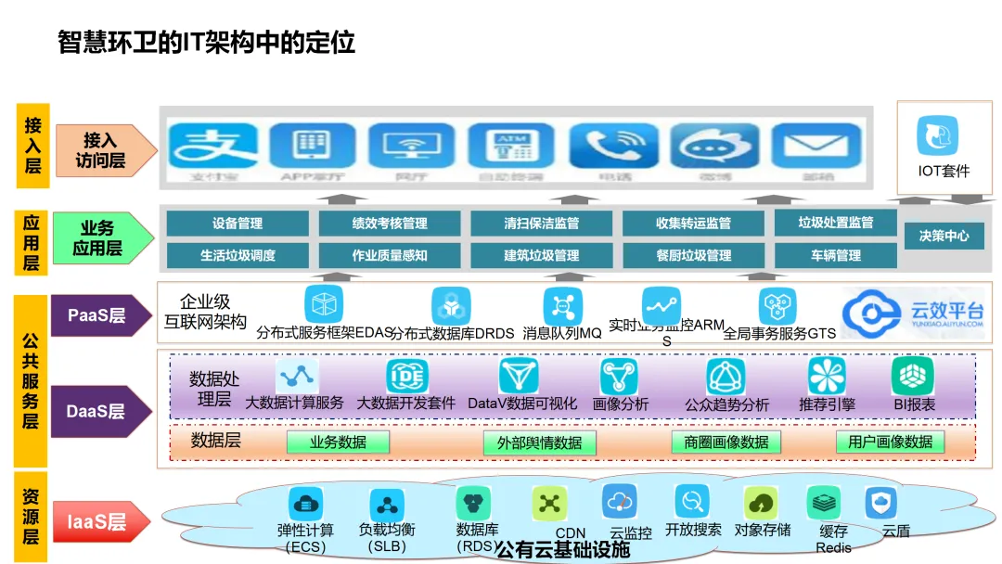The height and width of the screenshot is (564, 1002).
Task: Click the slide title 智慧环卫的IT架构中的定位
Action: (206, 43)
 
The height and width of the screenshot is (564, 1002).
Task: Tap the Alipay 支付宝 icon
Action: (212, 148)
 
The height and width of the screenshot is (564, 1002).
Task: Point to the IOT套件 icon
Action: (938, 137)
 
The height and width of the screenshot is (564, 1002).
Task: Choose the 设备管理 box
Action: (238, 224)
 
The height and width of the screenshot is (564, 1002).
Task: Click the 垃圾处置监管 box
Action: (836, 223)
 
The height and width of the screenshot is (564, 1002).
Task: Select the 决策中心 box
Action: (944, 236)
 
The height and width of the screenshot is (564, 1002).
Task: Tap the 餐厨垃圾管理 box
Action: (693, 255)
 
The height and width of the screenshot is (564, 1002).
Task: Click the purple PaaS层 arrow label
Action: (98, 315)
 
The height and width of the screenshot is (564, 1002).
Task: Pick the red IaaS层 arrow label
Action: (98, 522)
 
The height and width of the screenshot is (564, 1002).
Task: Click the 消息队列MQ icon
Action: (562, 306)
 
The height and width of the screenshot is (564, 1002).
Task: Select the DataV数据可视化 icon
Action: (519, 376)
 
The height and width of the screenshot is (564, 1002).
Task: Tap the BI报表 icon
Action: (912, 376)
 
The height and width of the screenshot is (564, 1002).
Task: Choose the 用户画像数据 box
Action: (890, 442)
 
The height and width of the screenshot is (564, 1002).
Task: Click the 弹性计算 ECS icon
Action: (305, 505)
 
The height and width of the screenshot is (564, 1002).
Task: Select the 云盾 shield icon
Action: (880, 503)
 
